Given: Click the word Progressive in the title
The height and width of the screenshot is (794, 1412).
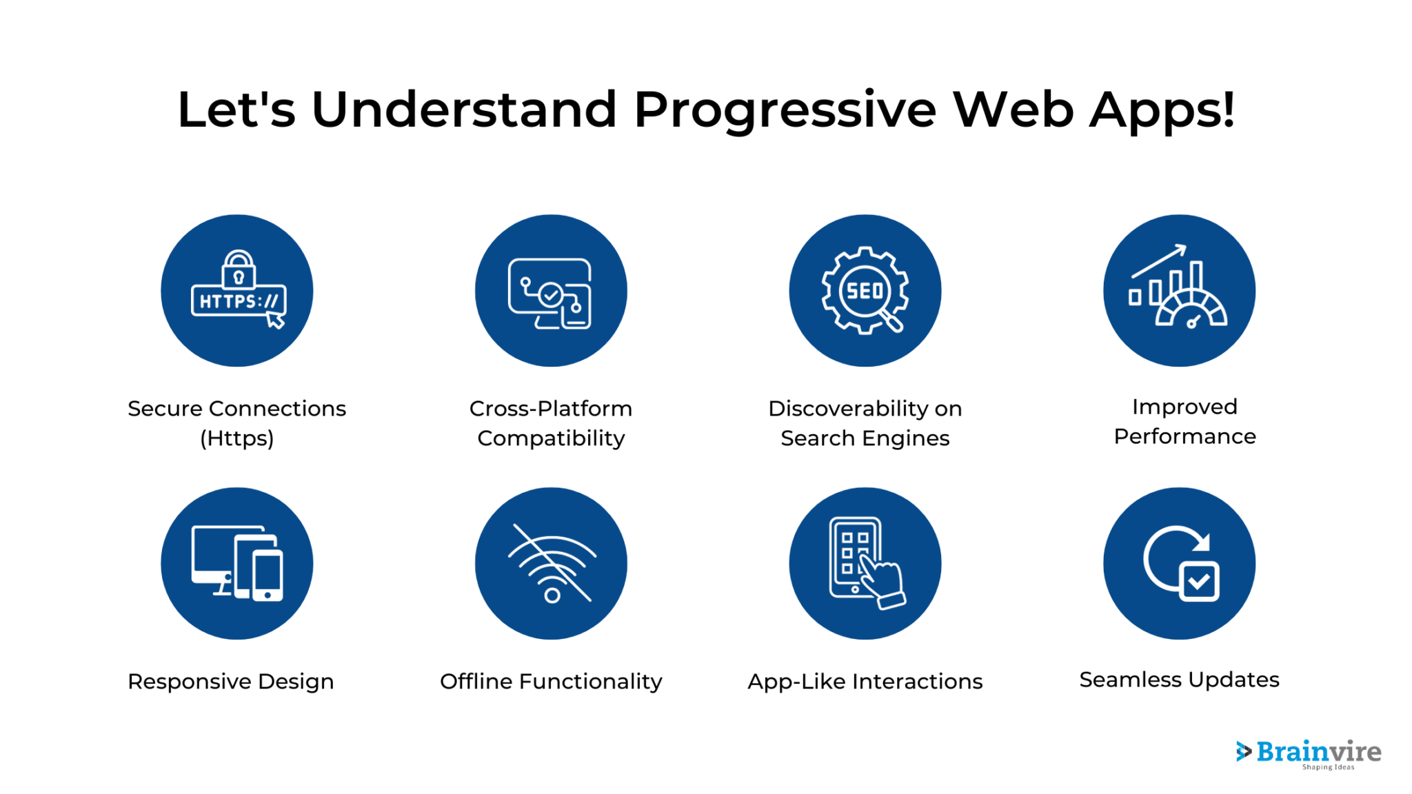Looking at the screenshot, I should [785, 110].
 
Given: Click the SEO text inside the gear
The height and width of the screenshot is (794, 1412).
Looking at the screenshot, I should [865, 291].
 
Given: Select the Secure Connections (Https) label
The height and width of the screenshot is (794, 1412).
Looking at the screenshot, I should [236, 423].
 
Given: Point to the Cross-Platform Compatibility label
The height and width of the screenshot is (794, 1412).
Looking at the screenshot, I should [551, 423].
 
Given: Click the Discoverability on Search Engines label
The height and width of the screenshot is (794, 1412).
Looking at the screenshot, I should [865, 423].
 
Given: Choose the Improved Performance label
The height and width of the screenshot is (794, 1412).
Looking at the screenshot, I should [1184, 421].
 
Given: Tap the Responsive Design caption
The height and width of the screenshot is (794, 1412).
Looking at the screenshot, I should [230, 681].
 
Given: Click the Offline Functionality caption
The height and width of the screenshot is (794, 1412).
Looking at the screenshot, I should [551, 681].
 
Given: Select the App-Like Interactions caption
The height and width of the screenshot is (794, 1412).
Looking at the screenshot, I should [865, 681].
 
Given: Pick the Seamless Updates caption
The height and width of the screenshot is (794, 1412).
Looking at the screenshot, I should [1179, 680].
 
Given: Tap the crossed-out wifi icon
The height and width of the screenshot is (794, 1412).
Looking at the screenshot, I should [552, 564].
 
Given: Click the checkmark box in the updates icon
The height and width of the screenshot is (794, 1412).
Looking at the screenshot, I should [1199, 581].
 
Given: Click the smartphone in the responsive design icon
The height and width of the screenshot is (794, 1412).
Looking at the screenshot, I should [268, 575].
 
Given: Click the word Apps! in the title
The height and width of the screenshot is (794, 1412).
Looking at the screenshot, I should [1162, 110].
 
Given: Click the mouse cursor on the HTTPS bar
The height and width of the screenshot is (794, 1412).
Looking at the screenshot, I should [275, 320].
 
